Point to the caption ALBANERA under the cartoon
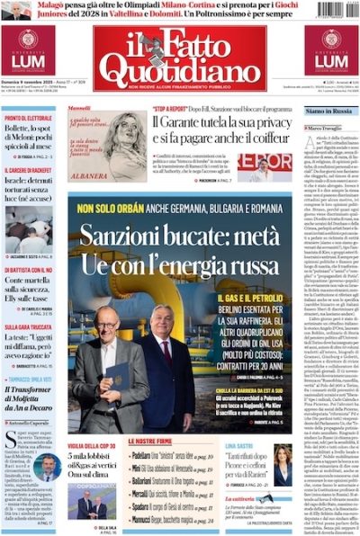(x=87, y=177)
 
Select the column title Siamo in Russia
(x=326, y=111)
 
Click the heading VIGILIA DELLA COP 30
(x=96, y=445)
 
